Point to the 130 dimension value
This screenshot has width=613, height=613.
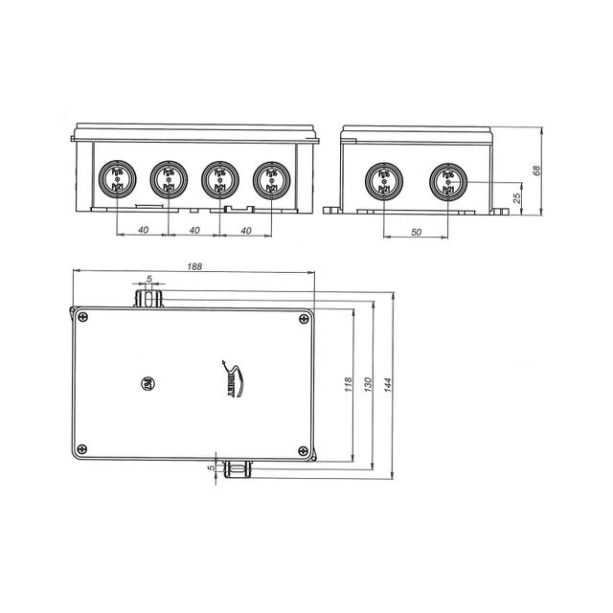370,383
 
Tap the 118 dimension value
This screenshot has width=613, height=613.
349,383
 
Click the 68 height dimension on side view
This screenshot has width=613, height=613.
536,170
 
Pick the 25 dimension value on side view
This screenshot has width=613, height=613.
518,198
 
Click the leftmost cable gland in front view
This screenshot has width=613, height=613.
117,179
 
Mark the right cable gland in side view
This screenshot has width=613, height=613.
445,180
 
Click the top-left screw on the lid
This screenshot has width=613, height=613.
85,318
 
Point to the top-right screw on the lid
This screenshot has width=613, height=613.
303,318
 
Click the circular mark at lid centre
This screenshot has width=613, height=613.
148,381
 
